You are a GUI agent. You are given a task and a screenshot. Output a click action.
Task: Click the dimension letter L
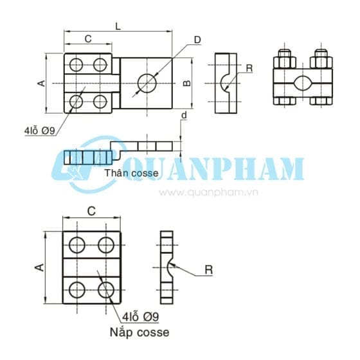[116, 26]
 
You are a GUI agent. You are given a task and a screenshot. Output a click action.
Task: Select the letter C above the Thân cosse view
[88, 39]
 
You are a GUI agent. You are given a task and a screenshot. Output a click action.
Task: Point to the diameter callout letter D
[197, 40]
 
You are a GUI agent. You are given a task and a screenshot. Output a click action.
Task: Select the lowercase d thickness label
[184, 116]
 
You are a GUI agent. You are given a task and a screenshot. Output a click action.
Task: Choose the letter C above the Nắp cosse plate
[91, 210]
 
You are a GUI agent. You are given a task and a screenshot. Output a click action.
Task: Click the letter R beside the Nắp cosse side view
[208, 270]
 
